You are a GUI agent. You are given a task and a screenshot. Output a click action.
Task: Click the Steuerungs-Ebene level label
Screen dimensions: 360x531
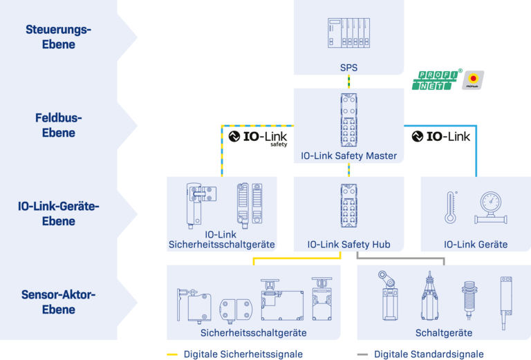click(x=58, y=37)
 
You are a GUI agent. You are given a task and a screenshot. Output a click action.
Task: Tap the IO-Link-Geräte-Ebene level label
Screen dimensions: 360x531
click(x=59, y=214)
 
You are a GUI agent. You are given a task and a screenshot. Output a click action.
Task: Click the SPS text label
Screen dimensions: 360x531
click(x=348, y=67)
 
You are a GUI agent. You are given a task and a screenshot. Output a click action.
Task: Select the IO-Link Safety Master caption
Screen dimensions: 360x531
click(x=348, y=155)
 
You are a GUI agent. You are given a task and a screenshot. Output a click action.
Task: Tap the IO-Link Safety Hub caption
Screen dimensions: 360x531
click(x=348, y=244)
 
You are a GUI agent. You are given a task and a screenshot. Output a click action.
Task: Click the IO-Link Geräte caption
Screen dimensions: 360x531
click(x=476, y=244)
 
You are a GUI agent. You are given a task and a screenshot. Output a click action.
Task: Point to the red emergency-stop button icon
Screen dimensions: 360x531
click(x=474, y=79)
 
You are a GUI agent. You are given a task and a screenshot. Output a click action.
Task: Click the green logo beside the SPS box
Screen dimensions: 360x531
click(x=434, y=81)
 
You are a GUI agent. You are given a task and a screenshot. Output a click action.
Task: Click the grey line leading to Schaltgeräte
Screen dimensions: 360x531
click(x=401, y=260)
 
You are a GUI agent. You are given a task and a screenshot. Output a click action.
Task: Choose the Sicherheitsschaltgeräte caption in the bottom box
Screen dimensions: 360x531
click(x=253, y=332)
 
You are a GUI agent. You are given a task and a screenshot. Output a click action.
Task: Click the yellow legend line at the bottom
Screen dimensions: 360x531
click(x=172, y=354)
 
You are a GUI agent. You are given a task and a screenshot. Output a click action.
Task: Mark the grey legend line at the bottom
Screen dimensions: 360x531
click(x=362, y=354)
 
